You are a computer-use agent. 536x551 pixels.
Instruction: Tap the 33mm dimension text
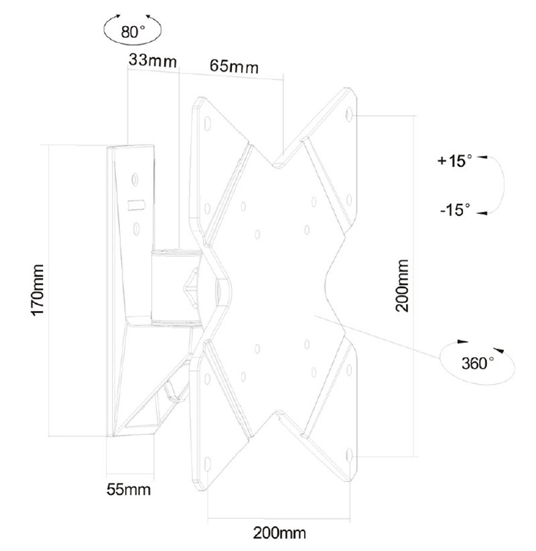pyautogui.click(x=152, y=61)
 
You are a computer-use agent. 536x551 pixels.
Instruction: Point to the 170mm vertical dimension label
pyautogui.click(x=38, y=289)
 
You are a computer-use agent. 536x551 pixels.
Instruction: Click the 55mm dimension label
pyautogui.click(x=128, y=489)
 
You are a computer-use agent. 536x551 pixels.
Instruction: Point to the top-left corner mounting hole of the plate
pyautogui.click(x=207, y=124)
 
